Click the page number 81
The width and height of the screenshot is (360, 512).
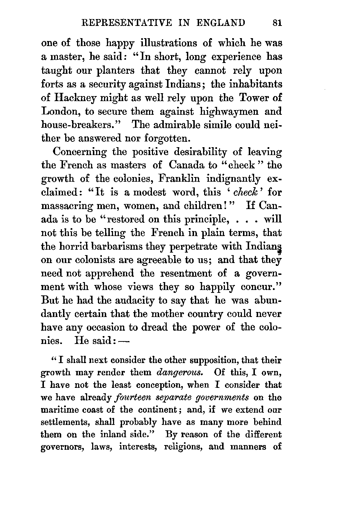[x=277, y=23]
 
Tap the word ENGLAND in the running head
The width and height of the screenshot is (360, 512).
[x=221, y=23]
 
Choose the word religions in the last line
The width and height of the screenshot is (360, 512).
[x=190, y=447]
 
